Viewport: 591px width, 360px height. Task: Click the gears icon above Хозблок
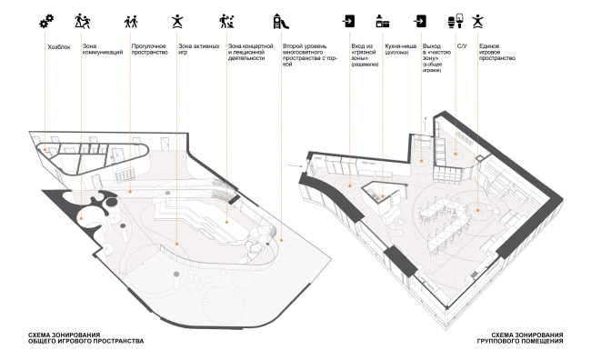pos(46,18)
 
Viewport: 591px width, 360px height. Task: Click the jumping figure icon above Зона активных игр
pos(176,18)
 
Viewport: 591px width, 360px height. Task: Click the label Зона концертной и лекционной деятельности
pos(250,51)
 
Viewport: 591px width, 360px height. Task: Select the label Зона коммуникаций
pos(102,47)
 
